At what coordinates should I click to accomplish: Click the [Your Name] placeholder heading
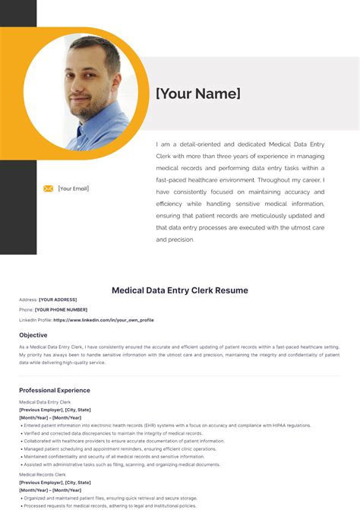[x=197, y=94]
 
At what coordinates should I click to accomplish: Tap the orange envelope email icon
[x=48, y=188]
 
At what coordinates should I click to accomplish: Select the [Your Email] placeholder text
[x=74, y=188]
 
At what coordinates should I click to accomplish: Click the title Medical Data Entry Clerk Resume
[x=180, y=290]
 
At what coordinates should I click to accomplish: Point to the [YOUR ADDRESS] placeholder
[x=59, y=300]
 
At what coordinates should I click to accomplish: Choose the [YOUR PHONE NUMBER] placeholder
[x=61, y=310]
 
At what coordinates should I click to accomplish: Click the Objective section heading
[x=33, y=335]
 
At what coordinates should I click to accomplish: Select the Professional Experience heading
[x=54, y=391]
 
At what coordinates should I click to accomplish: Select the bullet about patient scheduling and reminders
[x=122, y=449]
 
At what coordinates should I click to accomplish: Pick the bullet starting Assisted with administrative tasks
[x=122, y=464]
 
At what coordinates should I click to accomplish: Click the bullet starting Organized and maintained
[x=114, y=498]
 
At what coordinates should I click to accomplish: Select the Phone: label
[x=26, y=310]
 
